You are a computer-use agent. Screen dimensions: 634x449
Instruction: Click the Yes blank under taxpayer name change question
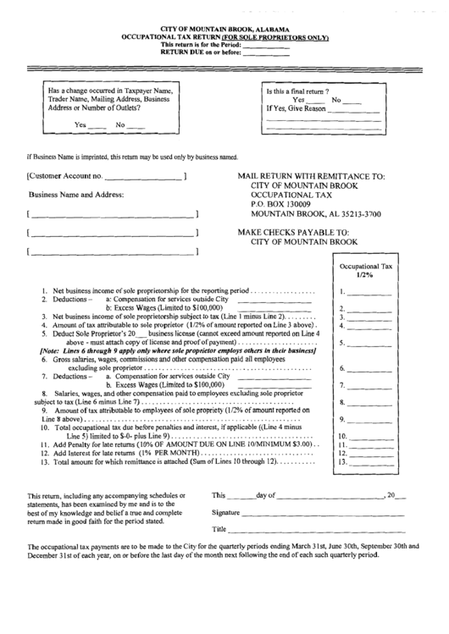click(97, 125)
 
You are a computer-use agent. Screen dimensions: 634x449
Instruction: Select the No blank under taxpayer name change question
click(136, 125)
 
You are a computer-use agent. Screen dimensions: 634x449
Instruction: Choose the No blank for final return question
click(351, 101)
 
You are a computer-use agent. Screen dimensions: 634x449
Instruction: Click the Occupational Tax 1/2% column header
click(366, 270)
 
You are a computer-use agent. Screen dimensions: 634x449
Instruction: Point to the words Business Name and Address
click(75, 195)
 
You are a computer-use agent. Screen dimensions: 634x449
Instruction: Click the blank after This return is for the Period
click(267, 45)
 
